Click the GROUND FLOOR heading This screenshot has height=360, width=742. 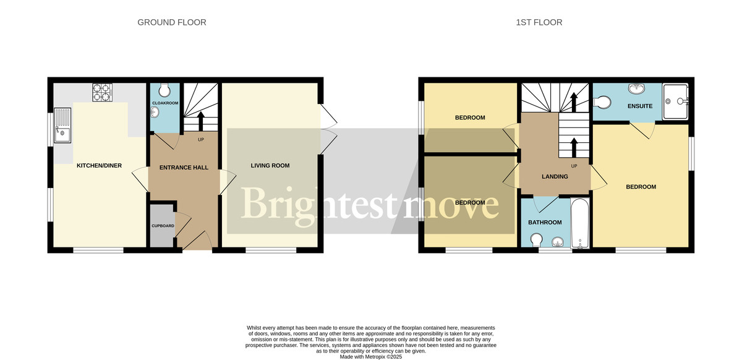171,22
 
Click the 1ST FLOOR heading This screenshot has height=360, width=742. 539,22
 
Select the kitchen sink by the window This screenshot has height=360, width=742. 62,126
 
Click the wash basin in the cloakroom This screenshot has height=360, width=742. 155,112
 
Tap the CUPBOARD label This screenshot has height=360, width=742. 163,226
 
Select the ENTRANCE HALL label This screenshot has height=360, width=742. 184,168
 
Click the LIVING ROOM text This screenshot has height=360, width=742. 270,165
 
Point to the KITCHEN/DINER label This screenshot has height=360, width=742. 99,166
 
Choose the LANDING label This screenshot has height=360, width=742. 555,177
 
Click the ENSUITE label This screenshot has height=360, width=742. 640,106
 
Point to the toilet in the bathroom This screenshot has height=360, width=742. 537,239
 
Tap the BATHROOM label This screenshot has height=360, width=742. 545,223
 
